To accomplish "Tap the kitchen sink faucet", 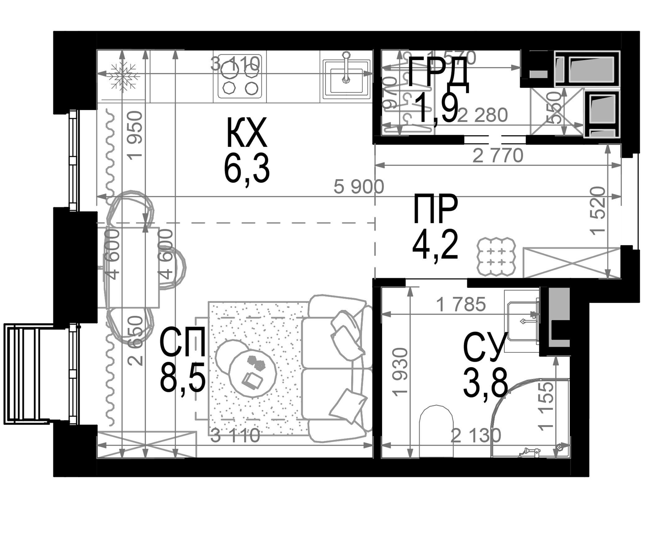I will [346, 68].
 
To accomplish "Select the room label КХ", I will [247, 133].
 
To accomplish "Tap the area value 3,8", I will [485, 384].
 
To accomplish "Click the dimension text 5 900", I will [358, 187].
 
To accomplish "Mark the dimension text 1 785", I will [461, 304].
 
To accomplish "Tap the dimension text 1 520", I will [598, 211].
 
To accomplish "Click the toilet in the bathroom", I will [437, 431].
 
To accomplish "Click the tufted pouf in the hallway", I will [496, 256].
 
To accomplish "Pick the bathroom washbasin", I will [522, 321].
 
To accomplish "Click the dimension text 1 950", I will [136, 135].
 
